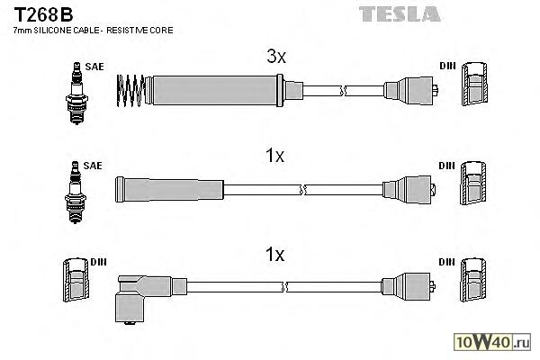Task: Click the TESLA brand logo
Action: click(x=400, y=13)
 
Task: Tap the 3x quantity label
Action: click(x=275, y=57)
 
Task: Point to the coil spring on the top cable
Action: click(x=131, y=88)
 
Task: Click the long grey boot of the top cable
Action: click(x=216, y=89)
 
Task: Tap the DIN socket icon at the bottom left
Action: click(x=73, y=281)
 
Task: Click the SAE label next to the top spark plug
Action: click(x=93, y=66)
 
